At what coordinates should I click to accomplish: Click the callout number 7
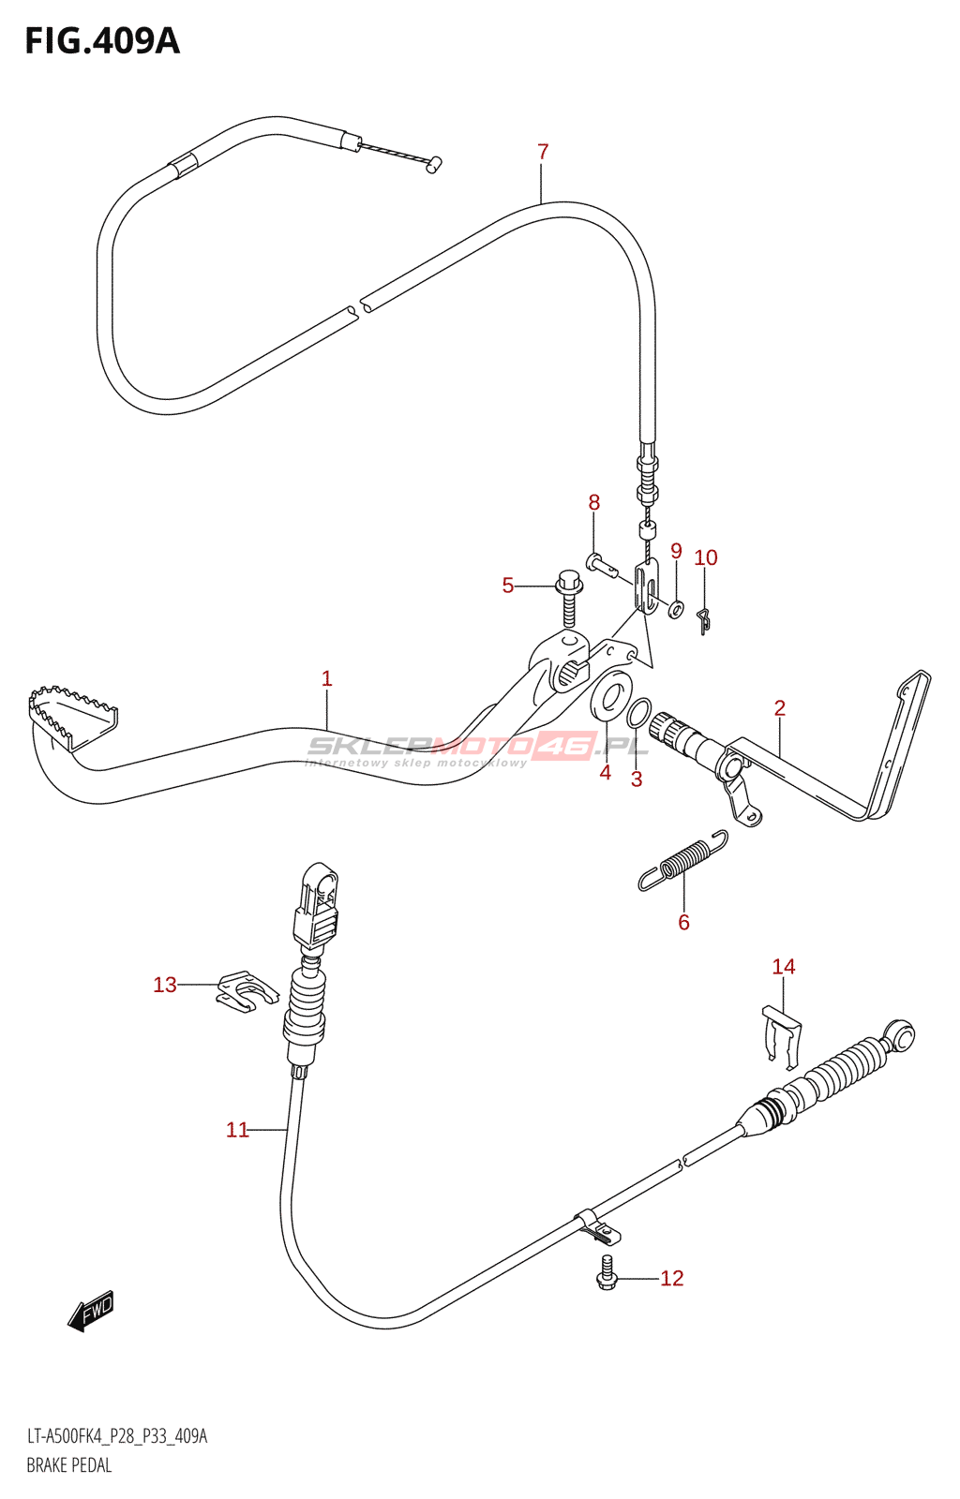(x=543, y=152)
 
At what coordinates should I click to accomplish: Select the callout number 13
(x=165, y=985)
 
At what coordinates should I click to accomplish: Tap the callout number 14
(x=783, y=966)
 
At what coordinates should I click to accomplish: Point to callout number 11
(x=237, y=1130)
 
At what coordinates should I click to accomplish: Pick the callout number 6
(x=683, y=922)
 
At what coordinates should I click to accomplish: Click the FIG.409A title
(x=101, y=41)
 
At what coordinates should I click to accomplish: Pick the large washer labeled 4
(x=610, y=697)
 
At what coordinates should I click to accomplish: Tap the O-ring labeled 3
(x=637, y=713)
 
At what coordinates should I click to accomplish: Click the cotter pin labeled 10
(x=704, y=619)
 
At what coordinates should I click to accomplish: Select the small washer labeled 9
(x=676, y=609)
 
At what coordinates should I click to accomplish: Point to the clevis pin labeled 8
(x=600, y=564)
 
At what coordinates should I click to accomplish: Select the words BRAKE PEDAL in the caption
(x=69, y=1465)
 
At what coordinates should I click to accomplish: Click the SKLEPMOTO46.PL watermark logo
(x=478, y=747)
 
